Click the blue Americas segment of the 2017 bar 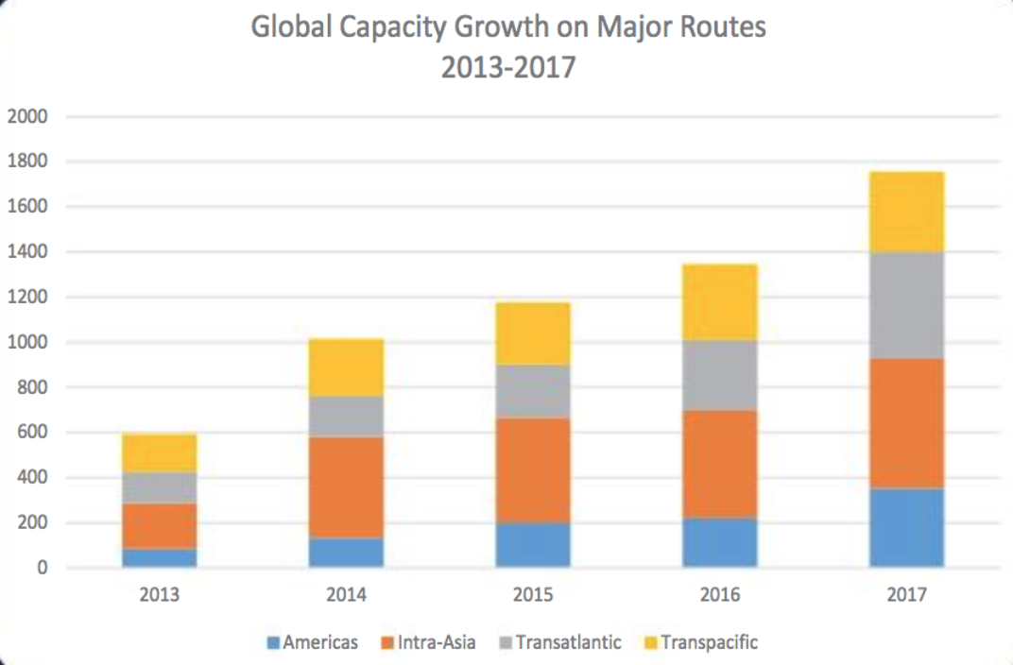point(906,527)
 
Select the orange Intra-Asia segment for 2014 point(346,487)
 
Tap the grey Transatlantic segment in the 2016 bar point(720,375)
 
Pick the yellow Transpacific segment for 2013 point(160,453)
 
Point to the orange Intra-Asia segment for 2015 point(533,469)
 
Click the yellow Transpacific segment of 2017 point(906,212)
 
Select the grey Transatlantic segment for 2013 point(160,487)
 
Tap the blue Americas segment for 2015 point(533,544)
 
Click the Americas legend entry point(313,642)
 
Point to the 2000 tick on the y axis point(27,117)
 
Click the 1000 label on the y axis point(27,343)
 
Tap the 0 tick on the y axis point(41,568)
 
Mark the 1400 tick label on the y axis point(27,252)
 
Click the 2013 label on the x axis point(160,595)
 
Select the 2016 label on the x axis point(720,595)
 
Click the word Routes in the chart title point(718,27)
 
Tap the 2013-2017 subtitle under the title point(507,68)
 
